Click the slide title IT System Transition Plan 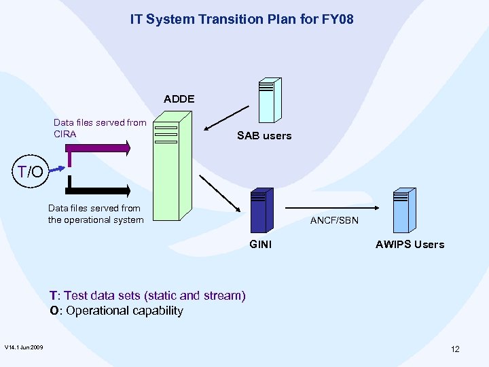pos(242,20)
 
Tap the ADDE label pos(179,99)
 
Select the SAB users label pos(264,136)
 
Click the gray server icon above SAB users pos(268,99)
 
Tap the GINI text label pos(261,245)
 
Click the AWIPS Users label pos(410,245)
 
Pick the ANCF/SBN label pos(334,221)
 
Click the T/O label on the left pos(31,172)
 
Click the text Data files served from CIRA pos(99,128)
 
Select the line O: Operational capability pos(116,311)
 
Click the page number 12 pos(455,349)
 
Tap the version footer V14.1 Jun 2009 pos(24,348)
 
